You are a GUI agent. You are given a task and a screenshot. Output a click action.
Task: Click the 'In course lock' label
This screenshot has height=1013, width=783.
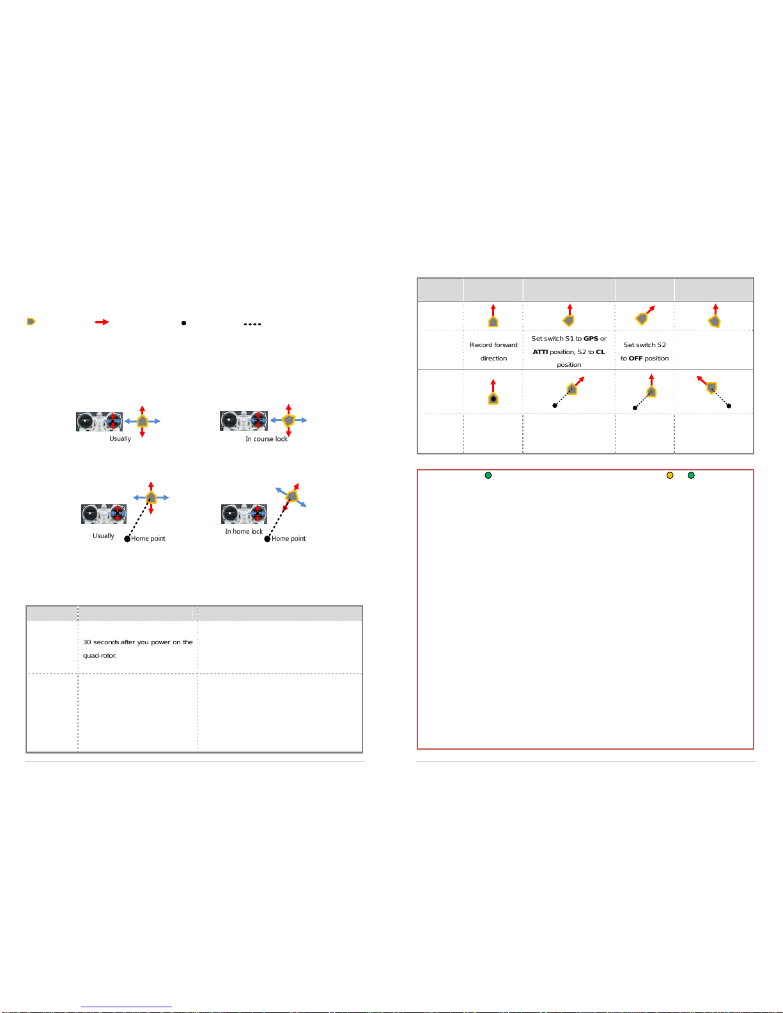267,438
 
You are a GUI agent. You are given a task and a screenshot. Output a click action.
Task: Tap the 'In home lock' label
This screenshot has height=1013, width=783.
244,532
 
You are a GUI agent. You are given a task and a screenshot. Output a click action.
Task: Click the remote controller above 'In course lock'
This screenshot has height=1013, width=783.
244,421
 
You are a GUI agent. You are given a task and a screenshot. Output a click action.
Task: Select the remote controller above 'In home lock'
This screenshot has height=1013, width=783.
244,514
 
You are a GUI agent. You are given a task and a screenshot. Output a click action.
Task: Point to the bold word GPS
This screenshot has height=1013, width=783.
591,339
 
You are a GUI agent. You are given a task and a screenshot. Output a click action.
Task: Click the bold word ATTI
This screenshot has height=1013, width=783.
540,352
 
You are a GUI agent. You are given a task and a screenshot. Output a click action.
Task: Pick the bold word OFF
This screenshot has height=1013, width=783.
635,359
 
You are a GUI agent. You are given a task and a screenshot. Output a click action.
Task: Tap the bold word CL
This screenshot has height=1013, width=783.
600,352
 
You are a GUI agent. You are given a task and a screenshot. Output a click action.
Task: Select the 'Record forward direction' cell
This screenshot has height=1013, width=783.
493,352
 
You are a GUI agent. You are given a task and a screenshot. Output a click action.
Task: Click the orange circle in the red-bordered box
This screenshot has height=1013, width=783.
670,475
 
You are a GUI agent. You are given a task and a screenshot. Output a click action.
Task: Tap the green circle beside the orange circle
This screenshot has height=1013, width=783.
691,475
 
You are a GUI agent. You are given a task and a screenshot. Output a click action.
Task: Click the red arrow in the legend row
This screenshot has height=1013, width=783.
102,322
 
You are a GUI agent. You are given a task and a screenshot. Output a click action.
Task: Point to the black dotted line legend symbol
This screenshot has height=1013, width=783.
252,324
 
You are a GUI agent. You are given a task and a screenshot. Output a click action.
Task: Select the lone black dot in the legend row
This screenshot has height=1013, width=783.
183,323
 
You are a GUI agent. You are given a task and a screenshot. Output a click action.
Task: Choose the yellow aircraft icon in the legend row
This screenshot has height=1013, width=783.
31,321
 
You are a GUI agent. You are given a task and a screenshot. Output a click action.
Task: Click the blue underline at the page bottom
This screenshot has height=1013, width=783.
127,1007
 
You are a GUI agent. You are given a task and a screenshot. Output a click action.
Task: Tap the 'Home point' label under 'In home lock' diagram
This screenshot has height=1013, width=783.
288,538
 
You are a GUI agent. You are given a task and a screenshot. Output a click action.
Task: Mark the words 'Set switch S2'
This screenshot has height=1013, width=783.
644,345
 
